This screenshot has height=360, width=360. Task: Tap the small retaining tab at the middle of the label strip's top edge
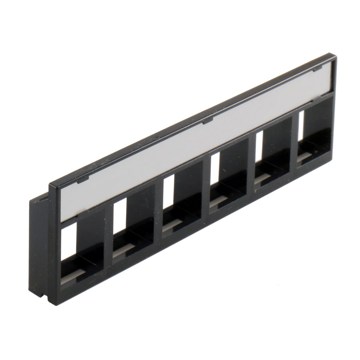[x=207, y=121]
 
